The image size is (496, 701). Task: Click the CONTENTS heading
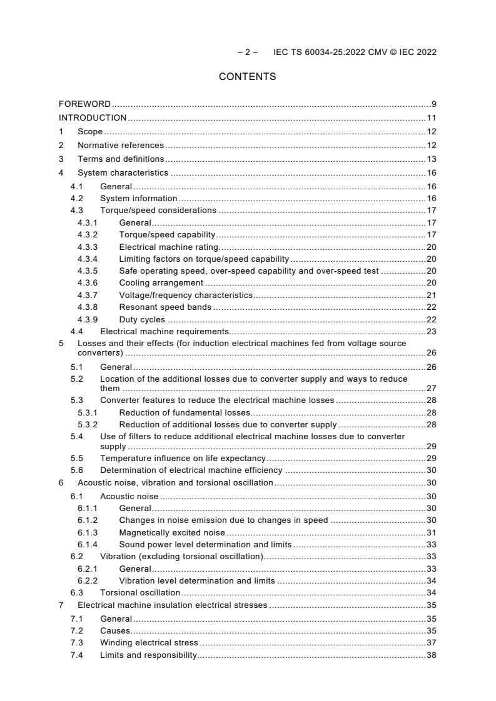(x=248, y=77)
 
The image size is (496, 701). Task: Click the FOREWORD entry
(x=84, y=104)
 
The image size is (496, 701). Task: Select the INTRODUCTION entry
(x=93, y=117)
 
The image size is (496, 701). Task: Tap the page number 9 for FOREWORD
(x=433, y=104)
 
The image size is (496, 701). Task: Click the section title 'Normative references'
(x=120, y=145)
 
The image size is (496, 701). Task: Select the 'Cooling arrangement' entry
(x=161, y=283)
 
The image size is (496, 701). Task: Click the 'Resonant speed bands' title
(x=165, y=307)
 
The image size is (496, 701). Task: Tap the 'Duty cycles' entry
(x=142, y=319)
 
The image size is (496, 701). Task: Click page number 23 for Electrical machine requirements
(x=431, y=331)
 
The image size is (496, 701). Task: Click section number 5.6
(x=76, y=470)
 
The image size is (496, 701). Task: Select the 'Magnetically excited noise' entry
(x=171, y=532)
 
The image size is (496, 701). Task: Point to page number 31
(x=431, y=532)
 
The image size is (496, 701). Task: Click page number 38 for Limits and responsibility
(x=431, y=655)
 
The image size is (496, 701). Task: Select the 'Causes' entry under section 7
(x=114, y=630)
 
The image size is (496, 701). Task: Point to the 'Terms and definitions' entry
(x=121, y=159)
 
